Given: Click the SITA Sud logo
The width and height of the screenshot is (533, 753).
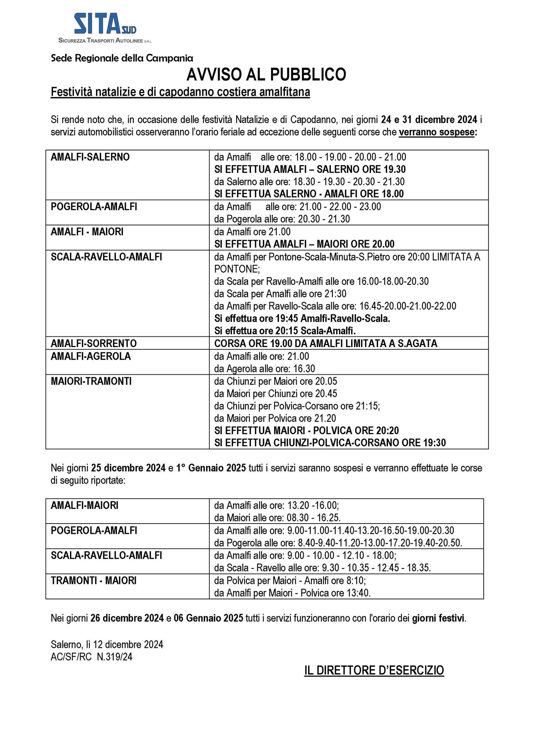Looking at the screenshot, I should pyautogui.click(x=105, y=28).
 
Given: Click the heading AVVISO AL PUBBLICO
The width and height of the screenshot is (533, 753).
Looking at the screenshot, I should pyautogui.click(x=266, y=75).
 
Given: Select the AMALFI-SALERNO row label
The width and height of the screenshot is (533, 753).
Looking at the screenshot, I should pyautogui.click(x=90, y=157).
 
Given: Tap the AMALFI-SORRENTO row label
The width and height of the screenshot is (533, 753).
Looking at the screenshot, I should pyautogui.click(x=93, y=343).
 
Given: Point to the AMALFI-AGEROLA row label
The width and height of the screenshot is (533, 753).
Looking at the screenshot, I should pyautogui.click(x=91, y=356).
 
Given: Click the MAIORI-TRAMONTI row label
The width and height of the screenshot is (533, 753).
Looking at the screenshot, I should pyautogui.click(x=91, y=381).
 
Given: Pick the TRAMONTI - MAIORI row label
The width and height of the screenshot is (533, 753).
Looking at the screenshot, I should pyautogui.click(x=93, y=581).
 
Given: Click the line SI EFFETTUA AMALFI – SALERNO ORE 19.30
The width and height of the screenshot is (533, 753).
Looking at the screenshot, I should pyautogui.click(x=310, y=169).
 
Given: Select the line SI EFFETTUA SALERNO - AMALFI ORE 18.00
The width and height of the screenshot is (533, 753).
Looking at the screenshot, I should pyautogui.click(x=309, y=194).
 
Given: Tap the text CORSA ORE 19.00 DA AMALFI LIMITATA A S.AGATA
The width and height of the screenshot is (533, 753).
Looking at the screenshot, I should pyautogui.click(x=326, y=343).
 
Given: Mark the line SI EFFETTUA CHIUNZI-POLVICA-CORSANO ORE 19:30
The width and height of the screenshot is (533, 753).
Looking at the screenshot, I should pyautogui.click(x=330, y=443).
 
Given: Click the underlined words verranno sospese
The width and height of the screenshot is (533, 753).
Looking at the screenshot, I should pyautogui.click(x=437, y=132).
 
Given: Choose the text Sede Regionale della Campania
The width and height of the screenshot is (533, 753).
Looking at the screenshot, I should pyautogui.click(x=122, y=58).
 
